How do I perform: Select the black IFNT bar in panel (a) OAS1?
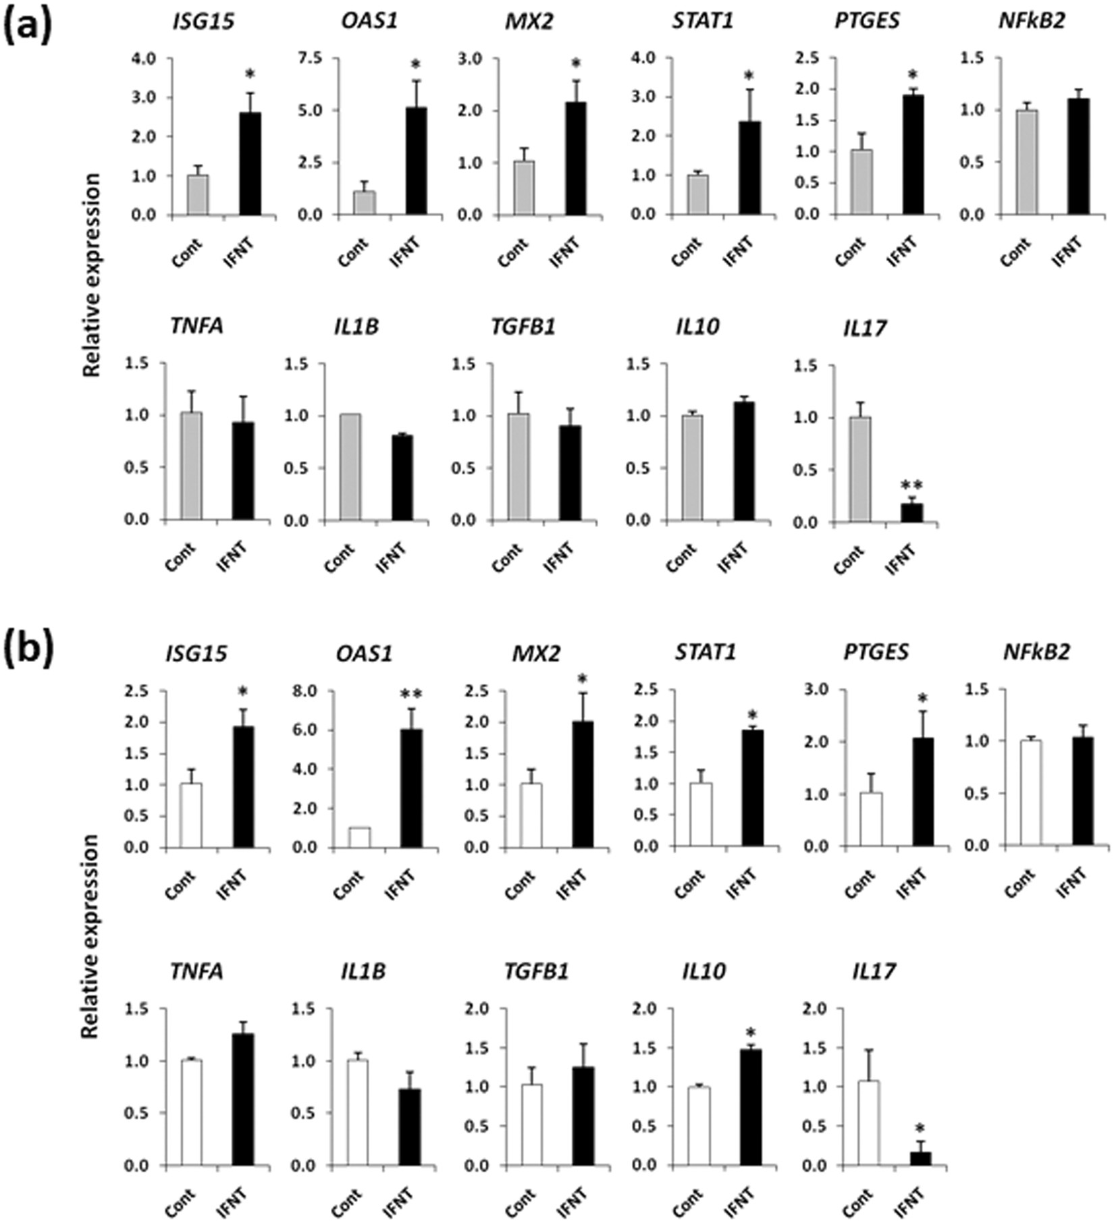[x=416, y=161]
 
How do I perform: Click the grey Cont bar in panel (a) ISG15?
[x=198, y=195]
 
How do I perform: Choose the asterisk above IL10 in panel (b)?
[x=751, y=1033]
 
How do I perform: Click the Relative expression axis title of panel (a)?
[x=92, y=275]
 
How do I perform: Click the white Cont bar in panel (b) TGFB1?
[x=531, y=1125]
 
